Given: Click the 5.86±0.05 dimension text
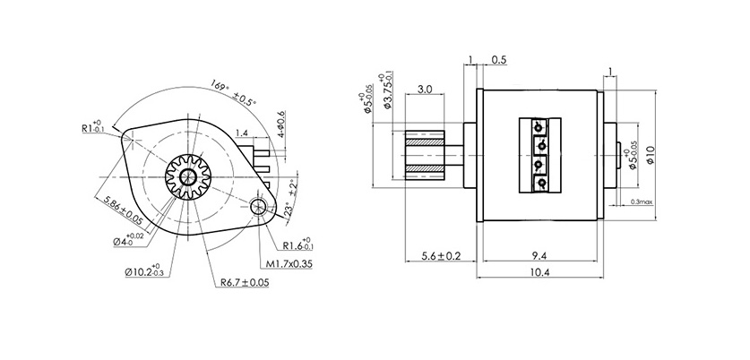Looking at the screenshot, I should pos(124,209).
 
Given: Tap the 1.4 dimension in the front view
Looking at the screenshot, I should pos(243,132).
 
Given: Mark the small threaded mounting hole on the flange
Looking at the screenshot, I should pos(259,208).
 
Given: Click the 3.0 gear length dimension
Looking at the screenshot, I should pos(426,90).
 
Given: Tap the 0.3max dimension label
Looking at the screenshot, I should pos(642,202).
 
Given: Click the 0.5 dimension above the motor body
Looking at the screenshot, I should pos(498,61).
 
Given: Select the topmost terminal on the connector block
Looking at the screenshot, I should pos(540,126).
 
